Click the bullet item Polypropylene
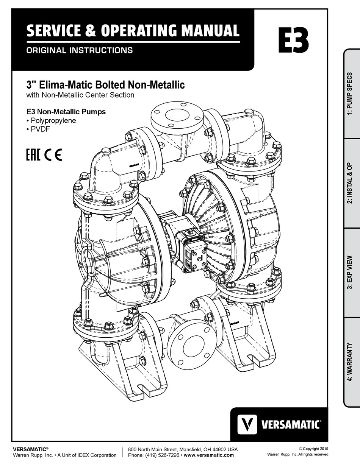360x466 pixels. [53, 121]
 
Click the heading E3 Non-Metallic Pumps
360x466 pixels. [66, 112]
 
